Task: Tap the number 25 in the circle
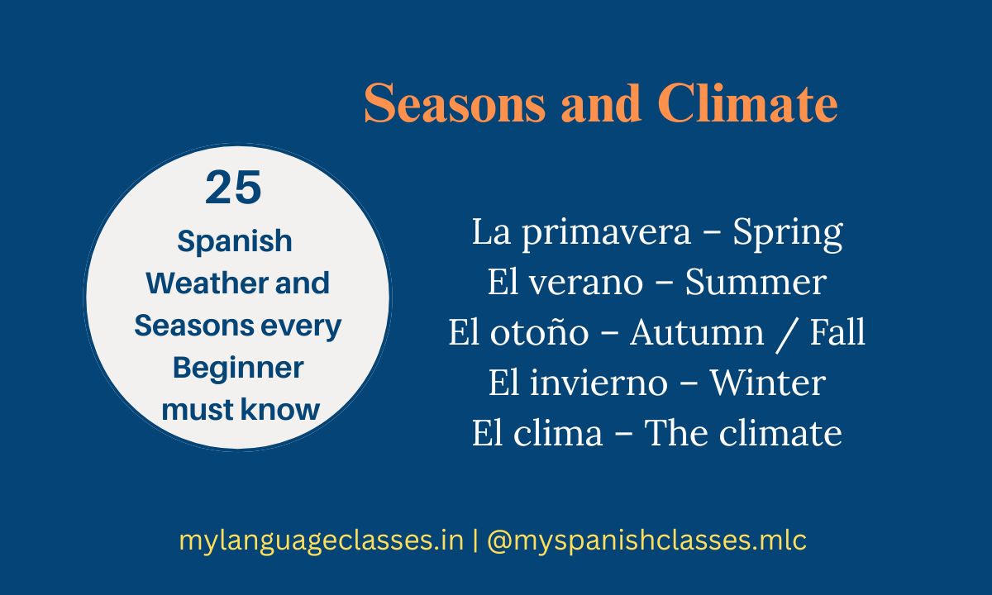pos(234,188)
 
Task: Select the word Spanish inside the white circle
pos(235,241)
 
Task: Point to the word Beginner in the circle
pos(238,367)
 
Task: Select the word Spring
pos(788,233)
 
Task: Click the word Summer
pos(756,283)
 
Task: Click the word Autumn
pos(685,333)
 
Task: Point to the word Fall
pos(837,333)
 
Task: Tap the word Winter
pos(768,383)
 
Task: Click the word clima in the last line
pos(567,433)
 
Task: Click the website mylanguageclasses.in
pos(321,541)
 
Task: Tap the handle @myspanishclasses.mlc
pos(646,541)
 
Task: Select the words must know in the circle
pos(241,409)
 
